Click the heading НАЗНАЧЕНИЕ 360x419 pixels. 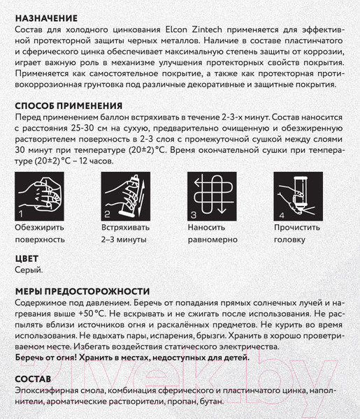[46, 18]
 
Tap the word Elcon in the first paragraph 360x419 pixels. [176, 29]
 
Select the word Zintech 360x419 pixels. [207, 29]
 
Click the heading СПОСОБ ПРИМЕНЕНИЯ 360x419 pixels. [69, 106]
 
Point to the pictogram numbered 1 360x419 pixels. [39, 196]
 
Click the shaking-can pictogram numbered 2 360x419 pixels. [126, 196]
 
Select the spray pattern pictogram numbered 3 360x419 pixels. [212, 196]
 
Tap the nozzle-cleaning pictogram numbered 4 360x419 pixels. [298, 196]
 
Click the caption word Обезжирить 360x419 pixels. [39, 228]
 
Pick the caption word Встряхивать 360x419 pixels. [125, 228]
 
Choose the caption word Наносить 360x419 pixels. [206, 228]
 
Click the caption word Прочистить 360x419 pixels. [297, 228]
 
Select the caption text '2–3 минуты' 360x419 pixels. [124, 239]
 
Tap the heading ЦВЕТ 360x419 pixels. [27, 258]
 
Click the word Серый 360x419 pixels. [29, 270]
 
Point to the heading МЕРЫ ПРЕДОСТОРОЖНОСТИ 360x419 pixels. [82, 291]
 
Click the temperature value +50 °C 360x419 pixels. [92, 314]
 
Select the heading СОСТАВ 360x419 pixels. [33, 379]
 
